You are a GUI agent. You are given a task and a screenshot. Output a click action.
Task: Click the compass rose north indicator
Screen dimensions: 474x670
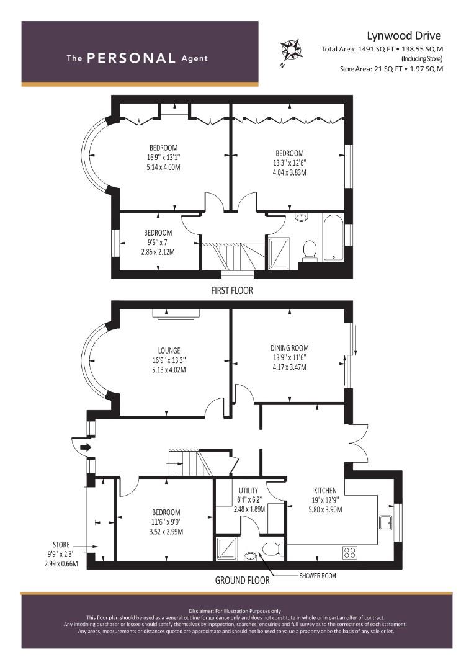click(x=290, y=51)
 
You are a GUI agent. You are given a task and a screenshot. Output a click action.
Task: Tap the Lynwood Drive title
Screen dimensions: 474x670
click(x=404, y=36)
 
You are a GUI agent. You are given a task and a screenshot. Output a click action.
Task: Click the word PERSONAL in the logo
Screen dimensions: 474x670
click(x=131, y=58)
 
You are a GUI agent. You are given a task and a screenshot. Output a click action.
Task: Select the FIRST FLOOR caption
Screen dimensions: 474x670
click(x=232, y=290)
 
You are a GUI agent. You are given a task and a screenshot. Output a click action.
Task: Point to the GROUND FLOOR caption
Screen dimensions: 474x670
click(x=243, y=580)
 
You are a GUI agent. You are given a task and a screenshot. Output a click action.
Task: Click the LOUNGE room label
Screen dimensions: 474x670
click(x=169, y=351)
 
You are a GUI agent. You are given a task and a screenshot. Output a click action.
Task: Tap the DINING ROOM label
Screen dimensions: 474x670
click(x=289, y=348)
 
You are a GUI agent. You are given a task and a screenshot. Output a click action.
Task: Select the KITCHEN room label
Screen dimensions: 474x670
click(x=325, y=491)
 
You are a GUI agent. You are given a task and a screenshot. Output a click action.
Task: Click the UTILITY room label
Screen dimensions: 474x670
click(x=248, y=490)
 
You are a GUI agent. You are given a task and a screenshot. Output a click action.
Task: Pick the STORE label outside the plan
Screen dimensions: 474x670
click(x=61, y=545)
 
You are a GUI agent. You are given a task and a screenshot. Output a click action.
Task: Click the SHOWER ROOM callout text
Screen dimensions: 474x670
click(x=318, y=576)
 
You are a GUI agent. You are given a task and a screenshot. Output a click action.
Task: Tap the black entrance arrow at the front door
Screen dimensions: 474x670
click(x=86, y=447)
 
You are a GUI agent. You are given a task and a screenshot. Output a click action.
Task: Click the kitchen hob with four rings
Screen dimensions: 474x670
click(x=350, y=553)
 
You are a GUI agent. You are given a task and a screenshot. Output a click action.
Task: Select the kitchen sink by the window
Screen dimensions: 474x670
click(x=386, y=522)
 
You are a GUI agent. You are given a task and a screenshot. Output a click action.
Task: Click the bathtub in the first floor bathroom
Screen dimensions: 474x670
click(x=333, y=237)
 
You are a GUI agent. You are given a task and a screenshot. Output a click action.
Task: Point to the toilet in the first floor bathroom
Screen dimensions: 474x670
click(x=309, y=250)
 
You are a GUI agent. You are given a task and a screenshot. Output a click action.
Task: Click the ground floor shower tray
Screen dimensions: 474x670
click(x=226, y=548)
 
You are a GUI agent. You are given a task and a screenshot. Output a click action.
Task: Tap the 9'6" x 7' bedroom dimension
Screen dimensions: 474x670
click(x=158, y=243)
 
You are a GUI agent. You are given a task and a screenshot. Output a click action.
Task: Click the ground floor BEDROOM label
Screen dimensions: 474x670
click(x=166, y=512)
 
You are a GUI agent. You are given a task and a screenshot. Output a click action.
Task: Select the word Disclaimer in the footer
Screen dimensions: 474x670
click(x=201, y=611)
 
